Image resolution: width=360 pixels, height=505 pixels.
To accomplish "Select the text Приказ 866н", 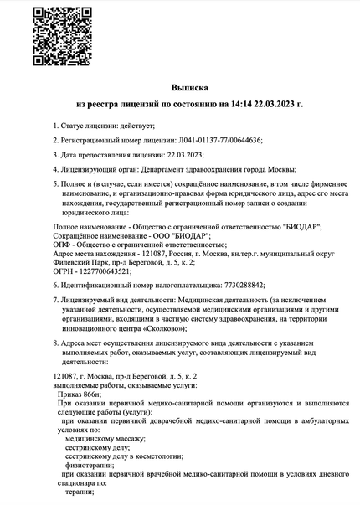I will coord(79,391).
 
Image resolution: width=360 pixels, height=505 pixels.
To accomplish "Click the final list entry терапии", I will coord(78,494).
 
